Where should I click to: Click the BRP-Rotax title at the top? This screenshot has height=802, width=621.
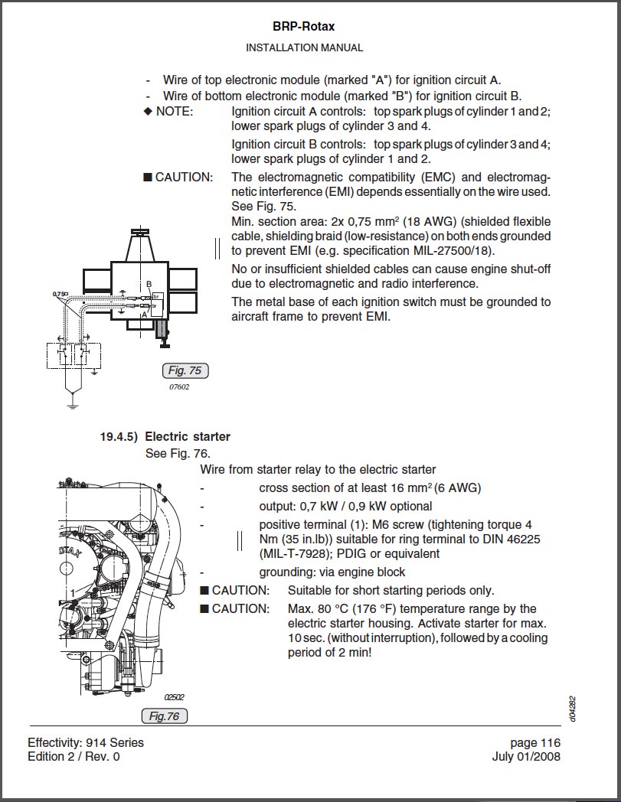click(x=303, y=27)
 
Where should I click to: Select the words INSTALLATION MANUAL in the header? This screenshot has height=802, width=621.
click(x=304, y=47)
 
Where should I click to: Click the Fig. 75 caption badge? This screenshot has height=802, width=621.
click(x=185, y=371)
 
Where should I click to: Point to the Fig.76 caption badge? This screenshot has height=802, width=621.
click(x=164, y=716)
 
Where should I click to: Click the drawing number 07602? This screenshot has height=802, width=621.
click(x=179, y=387)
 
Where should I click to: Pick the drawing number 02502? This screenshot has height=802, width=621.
click(x=175, y=697)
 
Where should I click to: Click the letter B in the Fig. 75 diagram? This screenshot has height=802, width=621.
click(x=149, y=284)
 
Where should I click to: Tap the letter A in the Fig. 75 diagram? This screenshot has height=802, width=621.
click(x=144, y=314)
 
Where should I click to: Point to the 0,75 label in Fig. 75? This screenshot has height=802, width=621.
click(x=59, y=294)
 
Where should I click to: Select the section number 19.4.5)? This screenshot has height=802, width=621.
click(x=119, y=437)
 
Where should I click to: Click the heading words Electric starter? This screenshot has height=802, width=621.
click(x=188, y=437)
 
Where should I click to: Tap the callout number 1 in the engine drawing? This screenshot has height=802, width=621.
click(x=72, y=592)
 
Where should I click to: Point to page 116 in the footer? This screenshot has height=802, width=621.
click(x=535, y=742)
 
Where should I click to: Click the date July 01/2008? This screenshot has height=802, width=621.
click(x=526, y=757)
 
